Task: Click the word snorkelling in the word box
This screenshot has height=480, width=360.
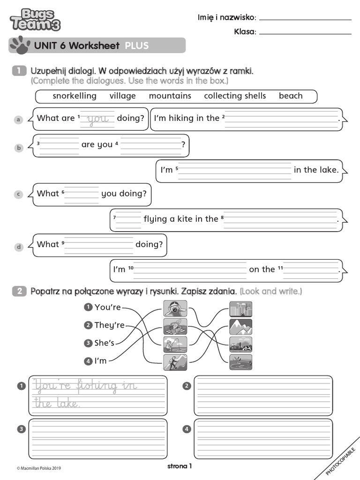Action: pyautogui.click(x=75, y=96)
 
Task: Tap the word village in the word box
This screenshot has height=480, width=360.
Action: pyautogui.click(x=123, y=96)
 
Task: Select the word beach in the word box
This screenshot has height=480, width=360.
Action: pyautogui.click(x=291, y=96)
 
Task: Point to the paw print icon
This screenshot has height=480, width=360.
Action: pyautogui.click(x=20, y=45)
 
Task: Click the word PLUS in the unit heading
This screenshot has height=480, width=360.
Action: pyautogui.click(x=136, y=45)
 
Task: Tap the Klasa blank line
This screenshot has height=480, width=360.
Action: pyautogui.click(x=305, y=33)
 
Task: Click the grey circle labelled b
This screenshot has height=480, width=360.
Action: pyautogui.click(x=19, y=148)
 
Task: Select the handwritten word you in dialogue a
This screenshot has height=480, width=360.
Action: pyautogui.click(x=97, y=119)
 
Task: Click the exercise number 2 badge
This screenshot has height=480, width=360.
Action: pyautogui.click(x=20, y=292)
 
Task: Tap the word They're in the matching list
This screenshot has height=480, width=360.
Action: pyautogui.click(x=109, y=325)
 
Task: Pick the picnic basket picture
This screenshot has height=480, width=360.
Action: pyautogui.click(x=175, y=326)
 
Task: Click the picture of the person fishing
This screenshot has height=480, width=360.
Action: pyautogui.click(x=175, y=344)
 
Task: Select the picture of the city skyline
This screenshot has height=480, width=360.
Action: pyautogui.click(x=240, y=308)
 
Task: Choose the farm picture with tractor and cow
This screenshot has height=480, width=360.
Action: pyautogui.click(x=240, y=344)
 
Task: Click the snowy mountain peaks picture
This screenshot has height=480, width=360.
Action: pyautogui.click(x=240, y=326)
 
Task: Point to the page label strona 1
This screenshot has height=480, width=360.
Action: pyautogui.click(x=180, y=466)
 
